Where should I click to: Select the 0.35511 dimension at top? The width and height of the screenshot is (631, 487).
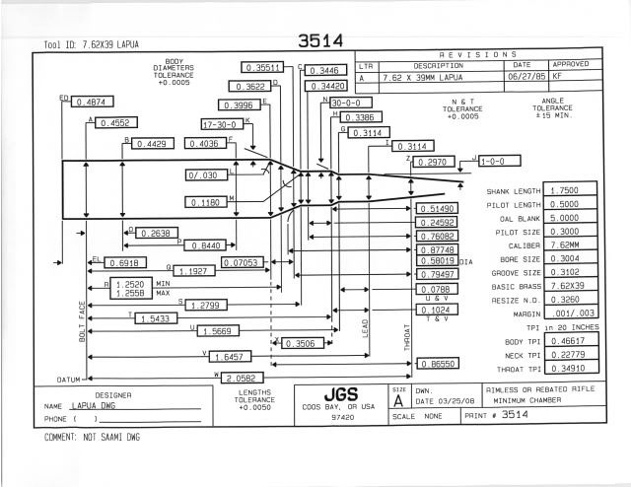263,68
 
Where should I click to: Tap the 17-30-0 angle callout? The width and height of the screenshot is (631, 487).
221,125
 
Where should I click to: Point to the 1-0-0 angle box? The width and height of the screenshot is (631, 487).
493,160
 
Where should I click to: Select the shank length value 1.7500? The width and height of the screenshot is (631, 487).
564,190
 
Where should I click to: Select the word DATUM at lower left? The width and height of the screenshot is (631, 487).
67,379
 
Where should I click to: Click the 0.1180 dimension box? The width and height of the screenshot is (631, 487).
208,202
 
